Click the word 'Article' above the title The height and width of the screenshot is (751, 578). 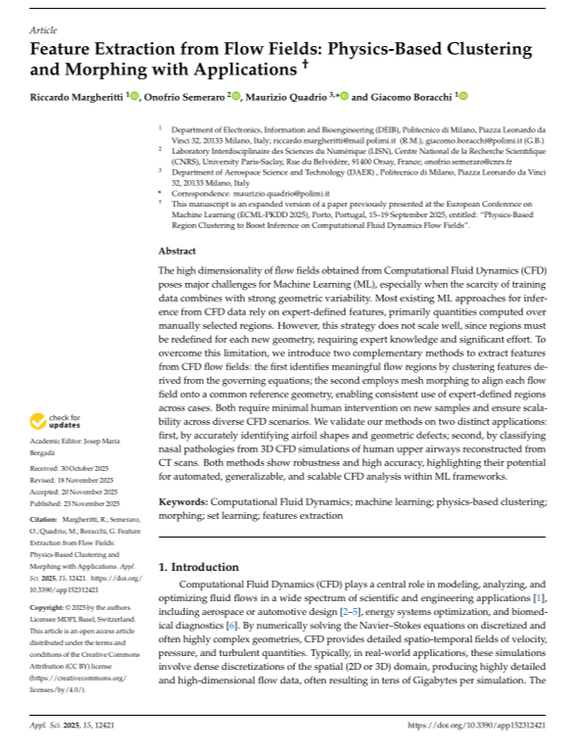click(x=43, y=31)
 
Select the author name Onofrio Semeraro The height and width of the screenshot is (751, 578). click(x=185, y=97)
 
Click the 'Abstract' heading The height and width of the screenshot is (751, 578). click(x=176, y=250)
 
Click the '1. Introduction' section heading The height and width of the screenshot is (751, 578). click(x=199, y=566)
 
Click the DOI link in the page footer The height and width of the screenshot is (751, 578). click(x=477, y=726)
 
